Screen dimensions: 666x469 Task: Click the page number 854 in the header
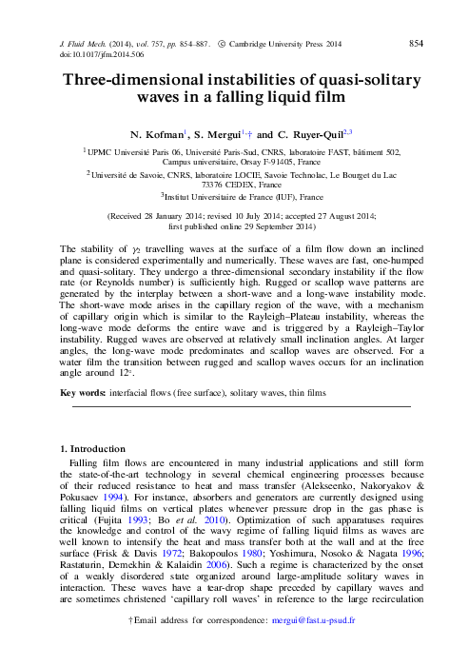415,44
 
